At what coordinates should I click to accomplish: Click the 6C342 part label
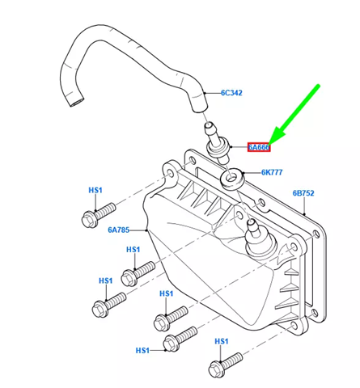pos(231,93)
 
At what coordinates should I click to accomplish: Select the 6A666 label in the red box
pos(259,147)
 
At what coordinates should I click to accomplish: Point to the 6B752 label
pos(304,193)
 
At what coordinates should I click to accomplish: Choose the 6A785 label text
pos(120,230)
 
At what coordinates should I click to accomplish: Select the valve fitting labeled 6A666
pos(215,141)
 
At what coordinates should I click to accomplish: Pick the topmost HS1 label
pos(95,190)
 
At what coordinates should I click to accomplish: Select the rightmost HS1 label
pos(221,342)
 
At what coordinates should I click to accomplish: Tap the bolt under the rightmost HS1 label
pos(223,365)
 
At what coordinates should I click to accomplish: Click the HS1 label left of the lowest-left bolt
pos(142,350)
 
